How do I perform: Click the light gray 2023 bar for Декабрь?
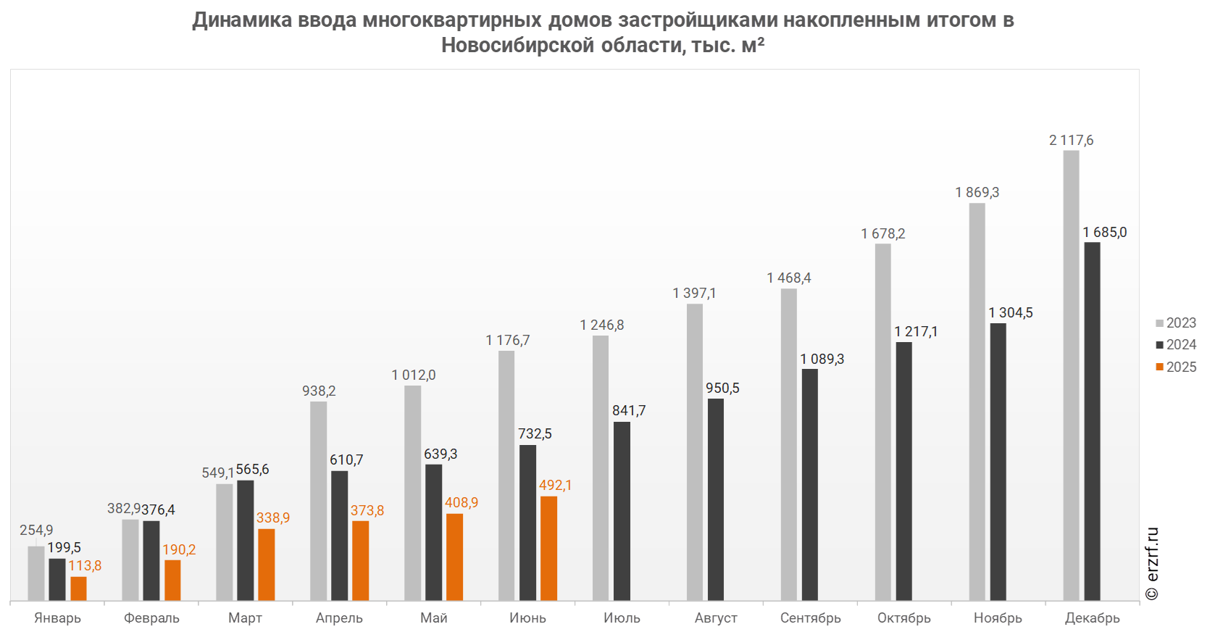click(x=1071, y=375)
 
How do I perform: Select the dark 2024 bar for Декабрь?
click(x=1092, y=421)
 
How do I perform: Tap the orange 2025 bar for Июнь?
click(x=548, y=548)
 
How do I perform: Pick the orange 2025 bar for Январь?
click(x=78, y=589)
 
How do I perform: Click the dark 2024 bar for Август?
click(x=716, y=499)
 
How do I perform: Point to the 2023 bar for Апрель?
click(x=318, y=501)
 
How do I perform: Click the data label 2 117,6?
click(x=1071, y=141)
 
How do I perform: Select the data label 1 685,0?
click(x=1104, y=233)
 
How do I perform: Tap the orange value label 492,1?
click(x=555, y=486)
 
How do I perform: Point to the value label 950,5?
click(x=722, y=388)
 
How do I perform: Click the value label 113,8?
click(x=85, y=566)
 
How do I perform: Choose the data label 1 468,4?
click(x=788, y=278)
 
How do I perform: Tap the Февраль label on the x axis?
click(x=151, y=618)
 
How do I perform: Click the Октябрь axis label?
click(x=904, y=618)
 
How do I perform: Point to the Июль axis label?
click(x=622, y=618)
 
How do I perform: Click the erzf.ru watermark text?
click(x=1153, y=563)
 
